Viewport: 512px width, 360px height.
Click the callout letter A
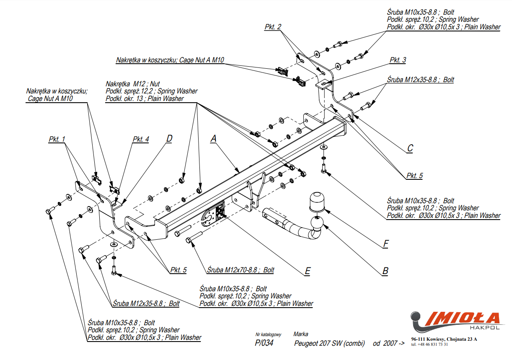[x=213, y=138]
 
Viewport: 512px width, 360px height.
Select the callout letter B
[x=385, y=271]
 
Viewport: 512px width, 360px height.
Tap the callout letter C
[x=410, y=148]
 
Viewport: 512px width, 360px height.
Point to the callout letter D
[x=169, y=138]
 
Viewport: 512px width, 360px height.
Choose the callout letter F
[x=385, y=243]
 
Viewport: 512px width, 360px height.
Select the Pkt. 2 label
[x=273, y=27]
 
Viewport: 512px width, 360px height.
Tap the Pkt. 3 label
[x=398, y=60]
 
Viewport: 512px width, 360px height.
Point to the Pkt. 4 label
[x=141, y=139]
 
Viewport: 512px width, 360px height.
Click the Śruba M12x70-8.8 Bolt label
[x=240, y=270]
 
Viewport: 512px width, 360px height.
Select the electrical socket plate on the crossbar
[x=220, y=211]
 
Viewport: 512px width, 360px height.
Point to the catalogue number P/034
[x=264, y=343]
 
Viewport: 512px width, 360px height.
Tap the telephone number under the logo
[x=429, y=344]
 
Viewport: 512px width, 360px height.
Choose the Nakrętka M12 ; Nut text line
[x=133, y=84]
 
